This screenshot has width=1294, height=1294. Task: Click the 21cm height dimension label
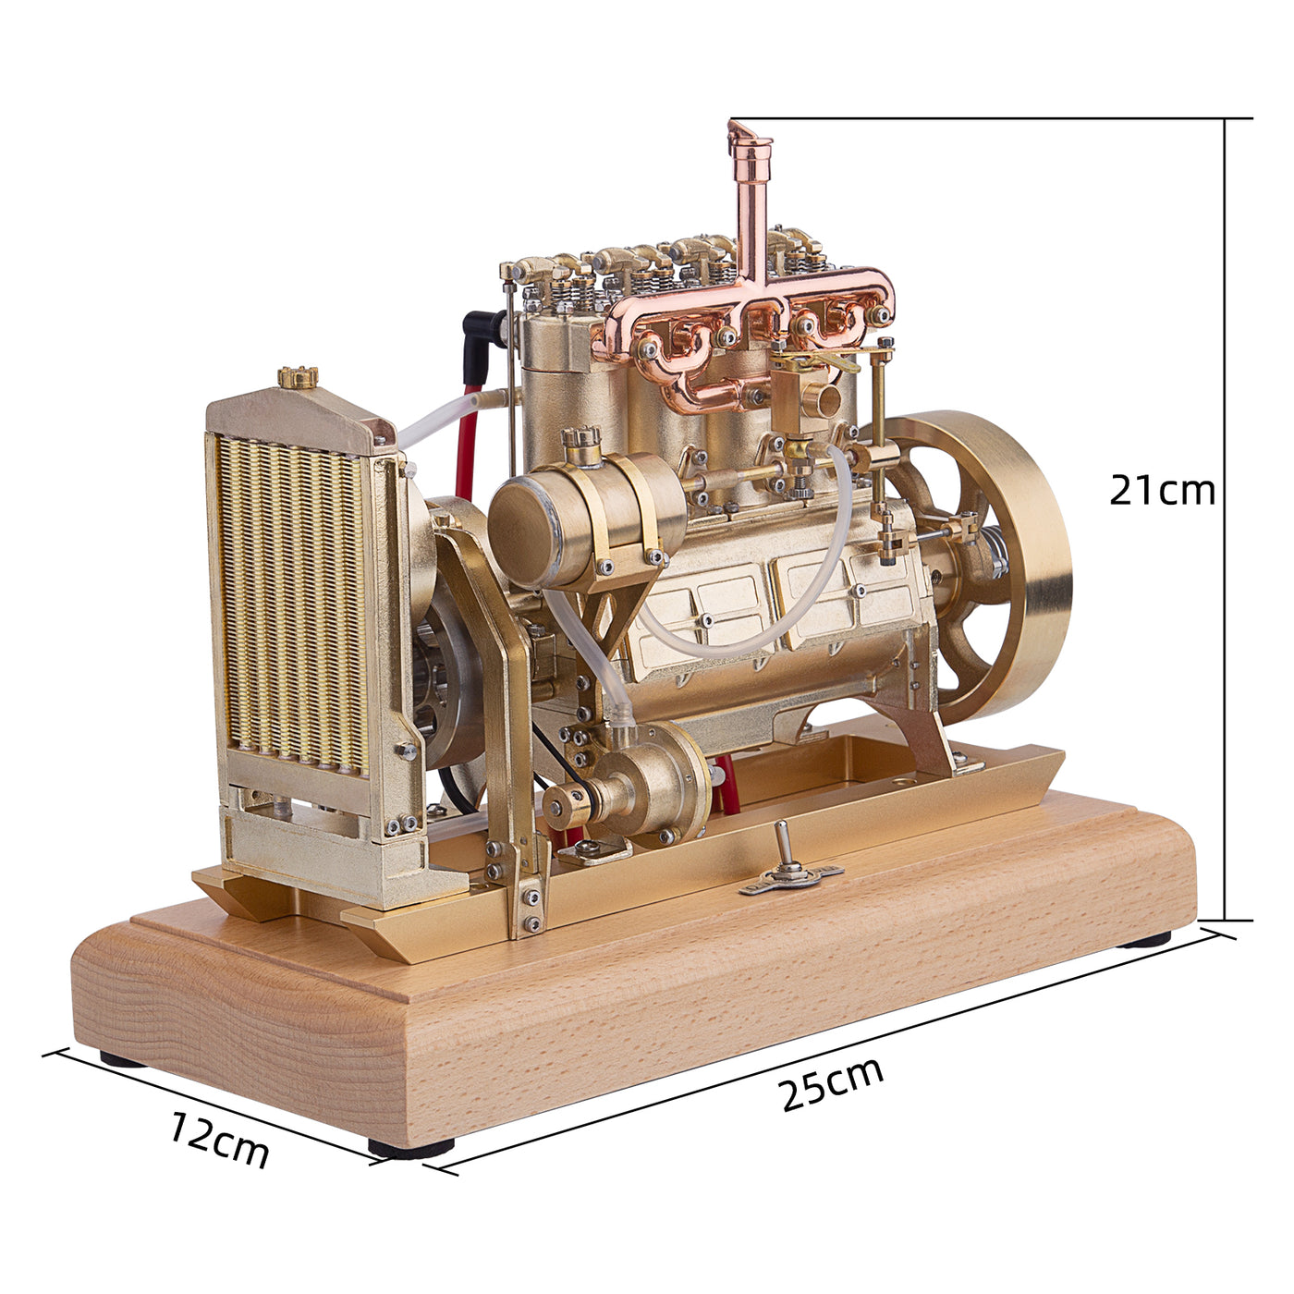[1162, 490]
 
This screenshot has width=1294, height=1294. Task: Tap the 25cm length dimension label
[832, 1083]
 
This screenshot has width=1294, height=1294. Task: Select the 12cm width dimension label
[219, 1140]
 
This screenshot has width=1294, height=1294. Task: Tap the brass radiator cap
[298, 376]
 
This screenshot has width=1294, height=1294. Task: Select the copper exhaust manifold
[744, 333]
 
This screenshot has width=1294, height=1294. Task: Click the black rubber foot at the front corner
[411, 1147]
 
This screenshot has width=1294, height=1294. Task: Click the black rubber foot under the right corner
[1143, 939]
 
